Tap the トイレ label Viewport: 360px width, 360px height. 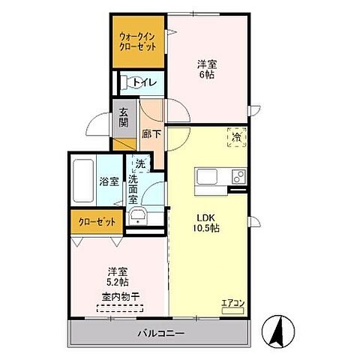tap(145, 82)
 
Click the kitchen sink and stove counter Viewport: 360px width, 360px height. tap(220, 178)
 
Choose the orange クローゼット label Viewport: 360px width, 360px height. tap(97, 222)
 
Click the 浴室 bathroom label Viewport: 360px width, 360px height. tap(109, 181)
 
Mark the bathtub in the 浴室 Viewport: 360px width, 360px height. tap(82, 180)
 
